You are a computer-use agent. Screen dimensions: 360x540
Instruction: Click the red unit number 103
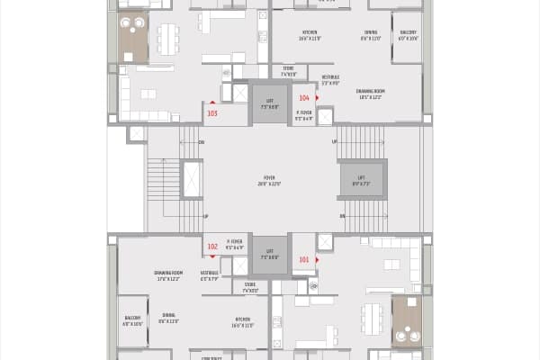[x=212, y=113]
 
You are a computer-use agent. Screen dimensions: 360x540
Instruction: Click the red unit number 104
[x=304, y=97]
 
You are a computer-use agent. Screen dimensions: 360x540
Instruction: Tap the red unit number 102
[x=212, y=246]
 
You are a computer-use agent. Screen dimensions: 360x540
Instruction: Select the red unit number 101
[x=304, y=260]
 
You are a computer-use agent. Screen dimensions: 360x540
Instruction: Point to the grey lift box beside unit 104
[x=270, y=104]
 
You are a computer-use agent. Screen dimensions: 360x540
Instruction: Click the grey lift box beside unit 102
[x=270, y=254]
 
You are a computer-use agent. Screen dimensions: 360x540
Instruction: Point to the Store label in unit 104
[x=288, y=70]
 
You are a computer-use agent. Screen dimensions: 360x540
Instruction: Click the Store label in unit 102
[x=250, y=288]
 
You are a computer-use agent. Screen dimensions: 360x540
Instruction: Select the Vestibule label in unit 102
[x=210, y=274]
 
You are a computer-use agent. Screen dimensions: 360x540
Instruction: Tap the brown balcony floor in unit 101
[x=405, y=319]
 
